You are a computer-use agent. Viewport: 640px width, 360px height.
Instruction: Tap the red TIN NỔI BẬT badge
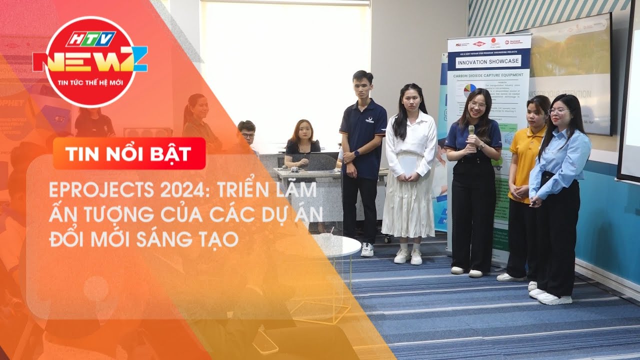point(129,153)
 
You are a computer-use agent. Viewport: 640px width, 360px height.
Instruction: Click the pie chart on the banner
point(469,90)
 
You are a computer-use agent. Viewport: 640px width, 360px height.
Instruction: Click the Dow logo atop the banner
point(478,44)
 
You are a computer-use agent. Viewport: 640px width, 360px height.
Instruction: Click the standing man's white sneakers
point(367,249)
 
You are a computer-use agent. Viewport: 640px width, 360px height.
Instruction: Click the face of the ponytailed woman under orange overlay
point(200,108)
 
